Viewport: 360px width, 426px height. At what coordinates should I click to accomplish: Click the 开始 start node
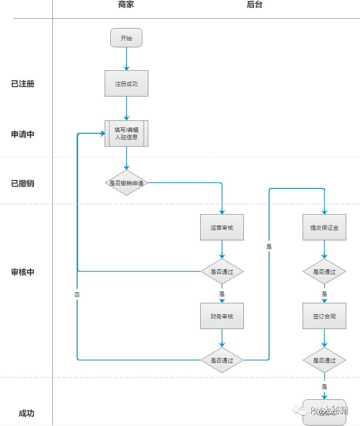click(126, 38)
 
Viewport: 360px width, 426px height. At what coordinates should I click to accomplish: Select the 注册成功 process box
click(126, 84)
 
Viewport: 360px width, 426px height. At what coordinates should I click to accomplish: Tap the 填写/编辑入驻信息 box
click(126, 134)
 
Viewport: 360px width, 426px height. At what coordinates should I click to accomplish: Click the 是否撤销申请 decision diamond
click(126, 183)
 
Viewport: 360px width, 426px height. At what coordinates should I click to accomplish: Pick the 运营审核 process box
click(222, 227)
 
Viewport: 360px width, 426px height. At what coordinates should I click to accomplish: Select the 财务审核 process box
click(222, 316)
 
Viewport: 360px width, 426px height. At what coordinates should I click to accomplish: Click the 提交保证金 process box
click(324, 227)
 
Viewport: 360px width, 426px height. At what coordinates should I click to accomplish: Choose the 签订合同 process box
click(324, 316)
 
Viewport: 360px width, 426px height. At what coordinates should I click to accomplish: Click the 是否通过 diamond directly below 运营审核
click(222, 272)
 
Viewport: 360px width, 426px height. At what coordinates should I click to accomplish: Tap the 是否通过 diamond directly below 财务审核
click(222, 360)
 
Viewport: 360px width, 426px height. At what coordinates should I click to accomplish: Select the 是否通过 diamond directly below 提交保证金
click(324, 272)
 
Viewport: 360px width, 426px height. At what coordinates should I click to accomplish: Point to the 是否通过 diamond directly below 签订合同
click(324, 360)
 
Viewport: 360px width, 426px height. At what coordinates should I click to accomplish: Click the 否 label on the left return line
click(77, 295)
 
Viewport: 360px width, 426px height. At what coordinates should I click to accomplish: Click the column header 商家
click(126, 5)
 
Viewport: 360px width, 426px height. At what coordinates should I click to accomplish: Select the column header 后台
click(254, 5)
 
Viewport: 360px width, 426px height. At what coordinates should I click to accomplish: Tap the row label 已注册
click(23, 84)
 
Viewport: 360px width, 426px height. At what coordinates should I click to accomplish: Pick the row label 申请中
click(23, 135)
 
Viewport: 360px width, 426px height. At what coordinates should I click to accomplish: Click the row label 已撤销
click(23, 183)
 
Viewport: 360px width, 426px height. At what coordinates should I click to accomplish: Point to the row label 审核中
click(23, 272)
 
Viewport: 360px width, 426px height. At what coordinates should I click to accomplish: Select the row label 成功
click(27, 413)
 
